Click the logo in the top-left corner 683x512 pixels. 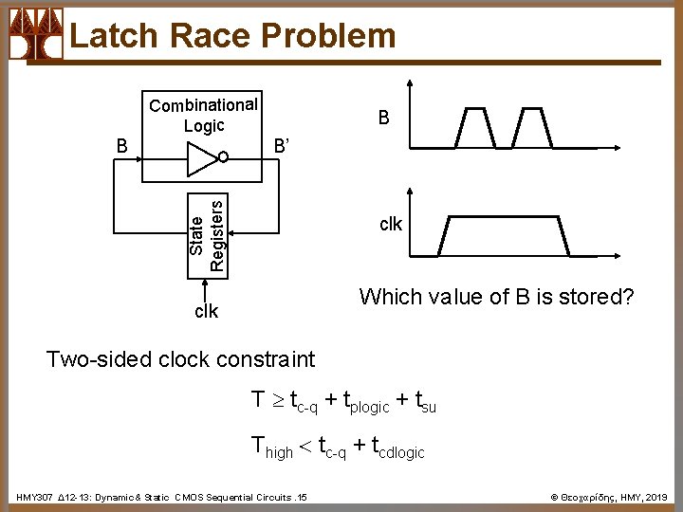[36, 34]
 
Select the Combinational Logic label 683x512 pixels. [203, 115]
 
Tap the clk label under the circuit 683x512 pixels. [206, 311]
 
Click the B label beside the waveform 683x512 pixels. [383, 119]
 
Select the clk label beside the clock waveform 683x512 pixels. [391, 225]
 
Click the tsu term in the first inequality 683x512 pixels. [425, 401]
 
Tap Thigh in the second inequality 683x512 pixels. [272, 446]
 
